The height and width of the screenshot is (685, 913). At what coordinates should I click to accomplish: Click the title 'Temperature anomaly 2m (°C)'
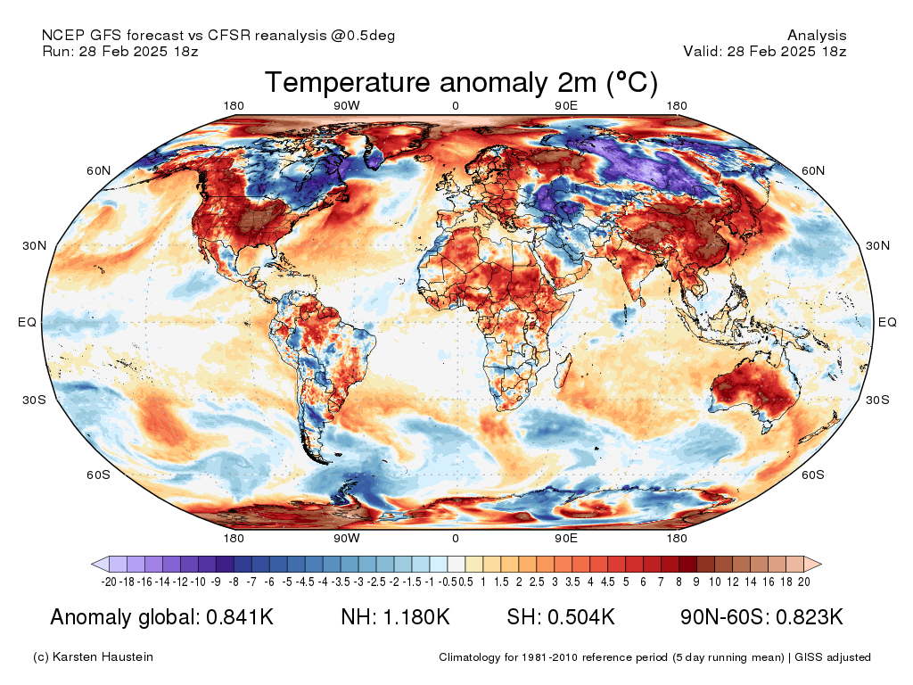(461, 83)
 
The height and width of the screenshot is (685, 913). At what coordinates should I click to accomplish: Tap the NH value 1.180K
(418, 617)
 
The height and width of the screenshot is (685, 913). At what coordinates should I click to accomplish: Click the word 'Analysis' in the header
(817, 36)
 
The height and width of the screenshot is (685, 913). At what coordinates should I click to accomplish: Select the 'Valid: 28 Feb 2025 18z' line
(764, 52)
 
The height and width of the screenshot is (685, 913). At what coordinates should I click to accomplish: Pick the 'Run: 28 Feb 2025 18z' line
(119, 52)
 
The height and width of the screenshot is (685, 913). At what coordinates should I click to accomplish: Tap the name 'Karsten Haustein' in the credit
(103, 657)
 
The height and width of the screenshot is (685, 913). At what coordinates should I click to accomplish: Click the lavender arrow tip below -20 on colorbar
(100, 564)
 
